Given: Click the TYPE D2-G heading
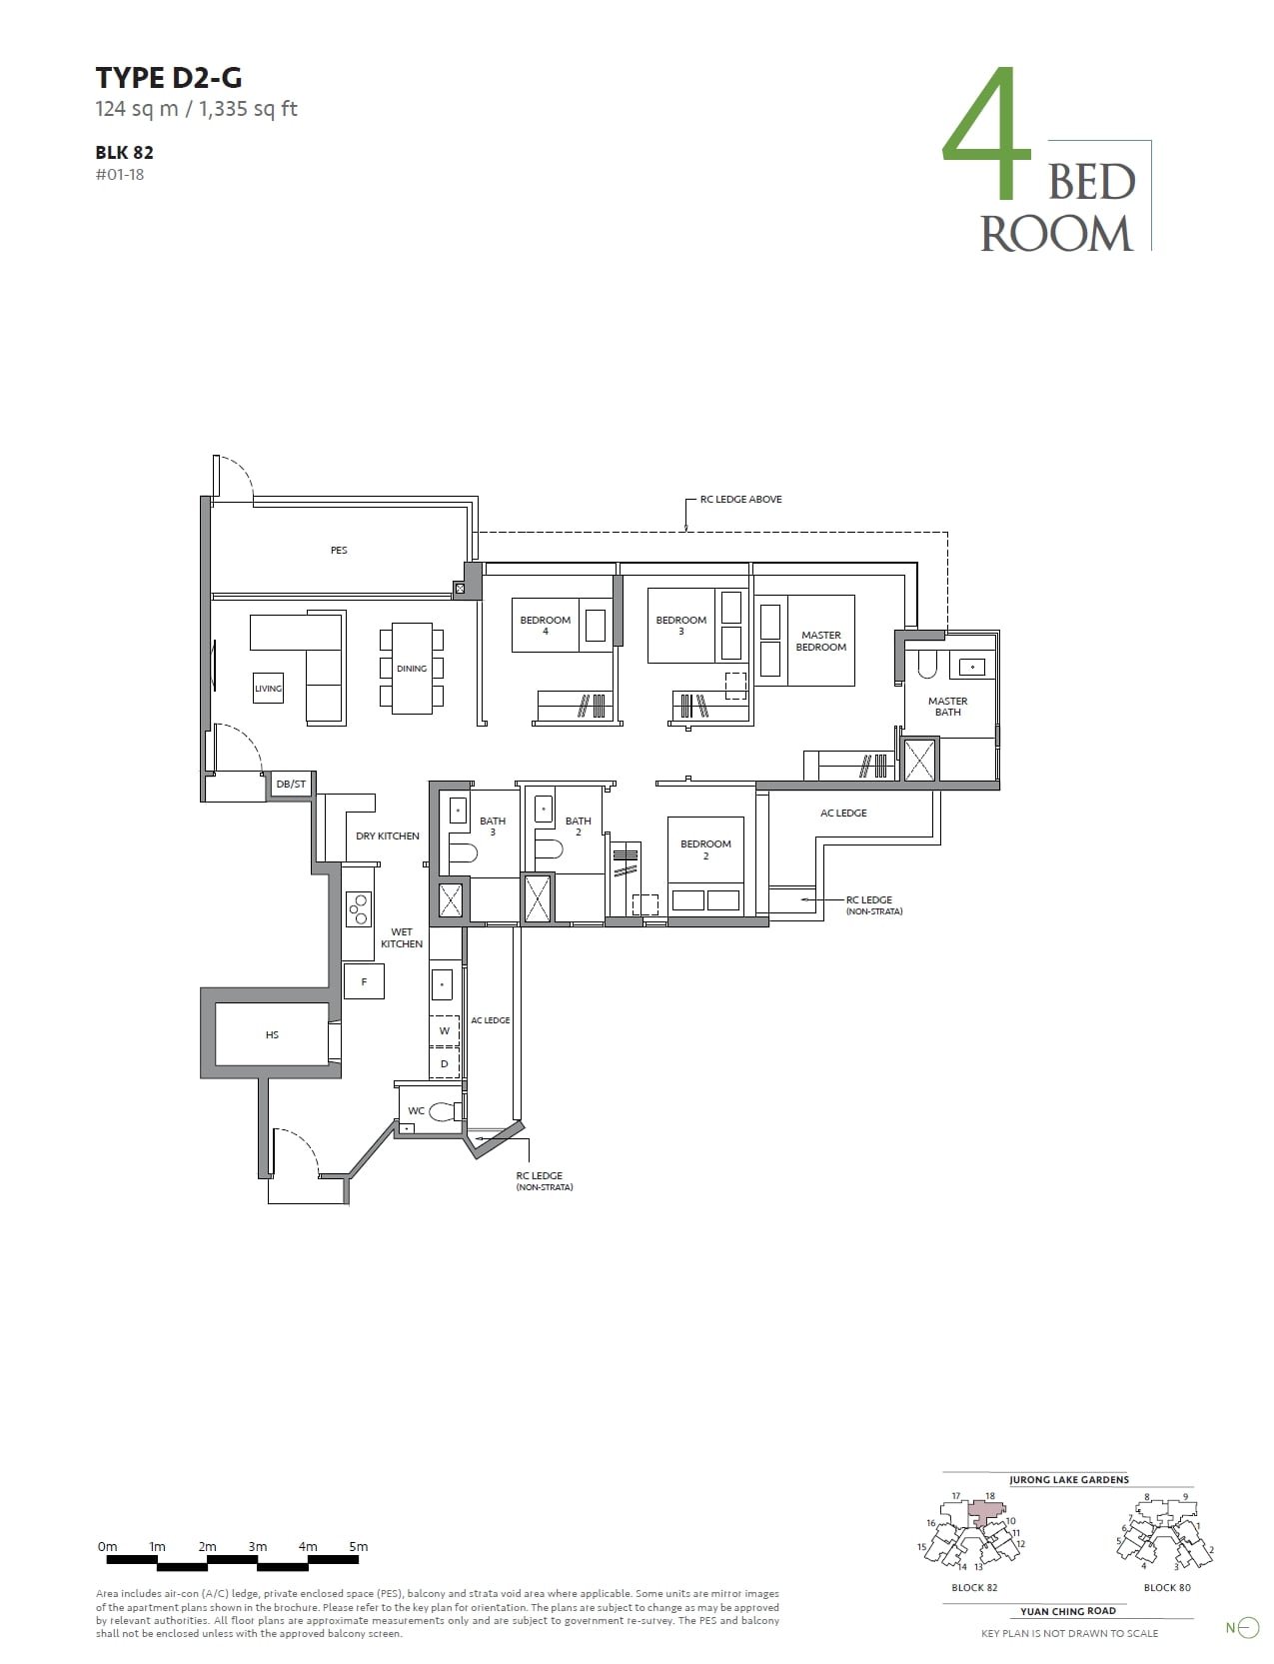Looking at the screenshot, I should (169, 77).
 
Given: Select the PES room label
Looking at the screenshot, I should (339, 551).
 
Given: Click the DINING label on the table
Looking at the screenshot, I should (412, 669).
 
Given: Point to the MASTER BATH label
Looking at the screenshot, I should (947, 707).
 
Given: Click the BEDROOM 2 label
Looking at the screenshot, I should (705, 849).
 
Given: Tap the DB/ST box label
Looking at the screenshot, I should (291, 785).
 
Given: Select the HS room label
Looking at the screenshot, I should (272, 1035).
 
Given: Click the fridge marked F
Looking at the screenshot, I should (364, 982).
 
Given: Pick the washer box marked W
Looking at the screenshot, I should (445, 1030).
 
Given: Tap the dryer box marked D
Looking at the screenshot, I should (445, 1064).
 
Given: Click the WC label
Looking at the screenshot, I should (417, 1110).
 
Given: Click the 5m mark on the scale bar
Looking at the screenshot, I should (358, 1547).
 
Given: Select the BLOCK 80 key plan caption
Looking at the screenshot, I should (1167, 1587).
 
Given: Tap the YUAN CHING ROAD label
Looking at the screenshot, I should (1067, 1611).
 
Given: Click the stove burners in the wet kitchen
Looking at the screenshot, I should (358, 908).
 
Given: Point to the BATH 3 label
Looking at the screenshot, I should (493, 827).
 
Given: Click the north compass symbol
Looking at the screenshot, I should (1248, 1628).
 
